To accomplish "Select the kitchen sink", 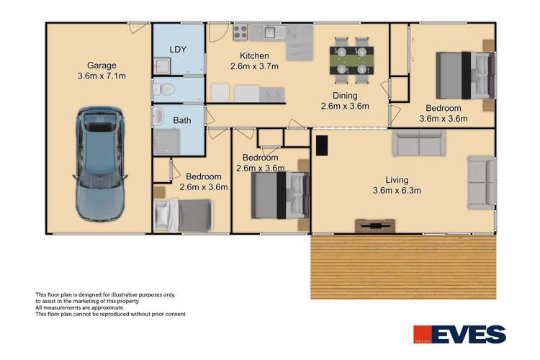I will [272, 31].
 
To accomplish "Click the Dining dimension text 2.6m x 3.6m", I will [345, 106].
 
